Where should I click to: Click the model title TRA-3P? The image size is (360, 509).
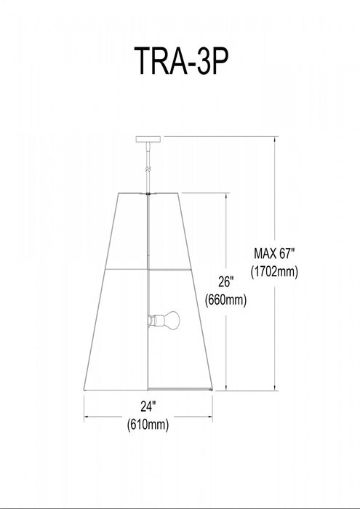coord(180,63)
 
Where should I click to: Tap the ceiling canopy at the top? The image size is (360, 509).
coord(148,138)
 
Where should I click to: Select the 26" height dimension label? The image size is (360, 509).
coord(227,281)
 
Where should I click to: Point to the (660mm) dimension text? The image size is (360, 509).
coord(227,299)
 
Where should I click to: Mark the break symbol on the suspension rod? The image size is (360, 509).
coord(148,169)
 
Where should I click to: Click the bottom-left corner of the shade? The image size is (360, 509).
coord(84,389)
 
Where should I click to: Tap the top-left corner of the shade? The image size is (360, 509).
coord(116,193)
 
